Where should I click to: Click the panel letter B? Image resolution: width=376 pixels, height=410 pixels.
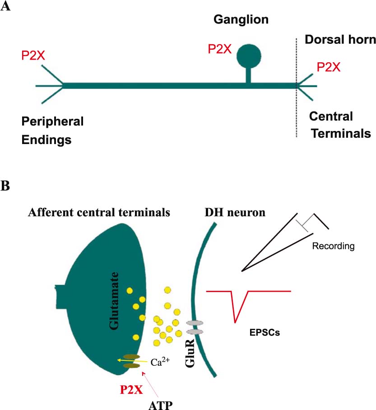5,186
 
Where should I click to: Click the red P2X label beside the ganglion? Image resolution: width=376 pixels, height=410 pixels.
219,49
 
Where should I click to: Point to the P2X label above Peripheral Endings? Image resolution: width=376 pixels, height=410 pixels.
33,56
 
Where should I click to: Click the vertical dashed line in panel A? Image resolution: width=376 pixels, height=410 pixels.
297,113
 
